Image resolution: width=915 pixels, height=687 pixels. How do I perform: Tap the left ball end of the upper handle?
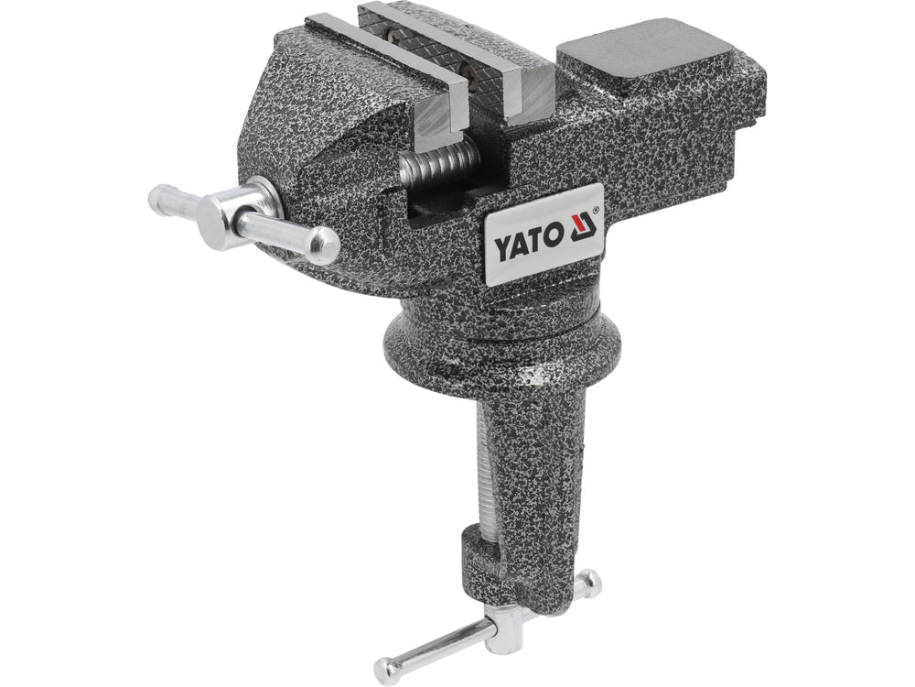160,196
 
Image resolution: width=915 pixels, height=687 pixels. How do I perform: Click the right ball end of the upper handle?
324,245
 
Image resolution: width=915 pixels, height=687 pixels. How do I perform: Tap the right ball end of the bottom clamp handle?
589,582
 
